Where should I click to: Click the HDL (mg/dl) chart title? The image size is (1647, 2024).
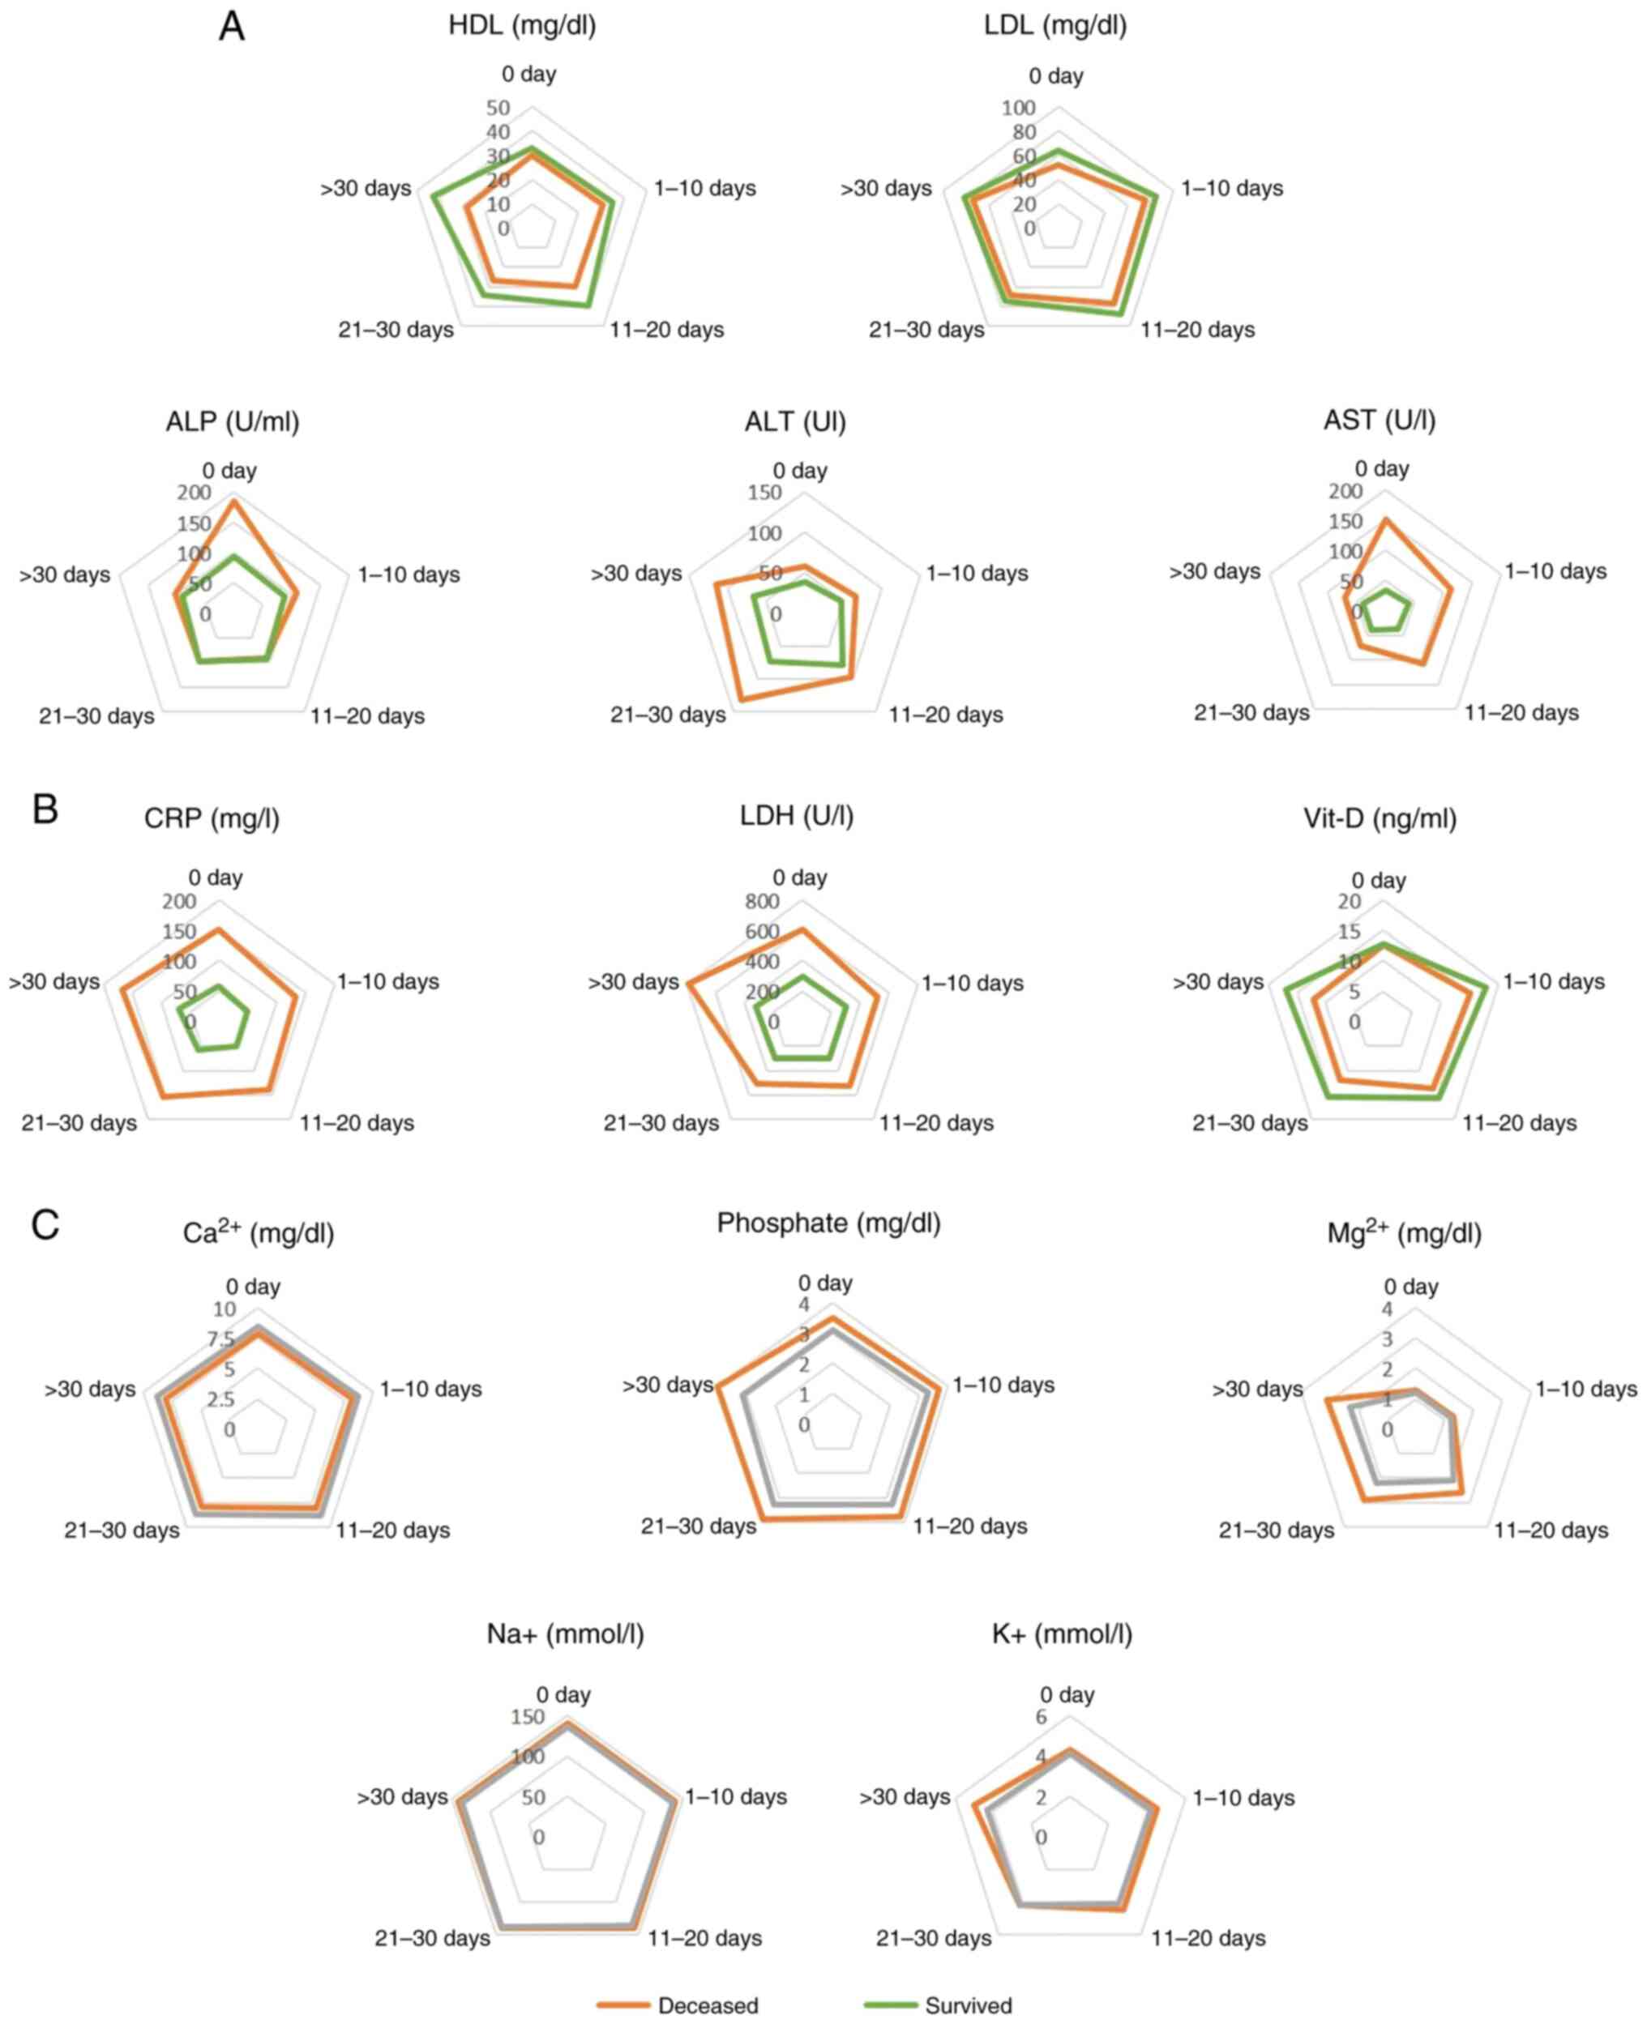pyautogui.click(x=522, y=26)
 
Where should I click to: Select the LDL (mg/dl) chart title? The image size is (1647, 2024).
pyautogui.click(x=1055, y=26)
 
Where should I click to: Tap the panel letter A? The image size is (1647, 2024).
pyautogui.click(x=232, y=27)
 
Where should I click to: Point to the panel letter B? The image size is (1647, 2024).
pyautogui.click(x=45, y=809)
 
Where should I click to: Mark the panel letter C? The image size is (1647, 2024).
pyautogui.click(x=45, y=1224)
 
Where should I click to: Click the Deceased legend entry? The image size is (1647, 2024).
pyautogui.click(x=707, y=2005)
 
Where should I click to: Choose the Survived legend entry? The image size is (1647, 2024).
pyautogui.click(x=968, y=2005)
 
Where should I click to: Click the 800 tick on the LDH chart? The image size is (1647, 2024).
pyautogui.click(x=762, y=901)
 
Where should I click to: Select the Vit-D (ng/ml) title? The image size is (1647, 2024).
pyautogui.click(x=1380, y=818)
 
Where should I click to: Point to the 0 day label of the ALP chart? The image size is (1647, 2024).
pyautogui.click(x=229, y=471)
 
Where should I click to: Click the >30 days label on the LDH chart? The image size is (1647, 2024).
pyautogui.click(x=633, y=982)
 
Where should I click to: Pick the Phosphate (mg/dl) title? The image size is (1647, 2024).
pyautogui.click(x=828, y=1223)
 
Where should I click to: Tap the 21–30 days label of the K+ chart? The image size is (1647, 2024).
pyautogui.click(x=934, y=1937)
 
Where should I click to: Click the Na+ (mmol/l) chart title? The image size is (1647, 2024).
pyautogui.click(x=566, y=1634)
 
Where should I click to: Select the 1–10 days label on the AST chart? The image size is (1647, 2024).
pyautogui.click(x=1555, y=571)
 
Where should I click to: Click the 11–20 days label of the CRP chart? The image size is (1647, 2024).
pyautogui.click(x=357, y=1123)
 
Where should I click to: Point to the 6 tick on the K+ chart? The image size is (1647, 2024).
pyautogui.click(x=1041, y=1718)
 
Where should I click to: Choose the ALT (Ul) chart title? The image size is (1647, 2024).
pyautogui.click(x=795, y=421)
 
